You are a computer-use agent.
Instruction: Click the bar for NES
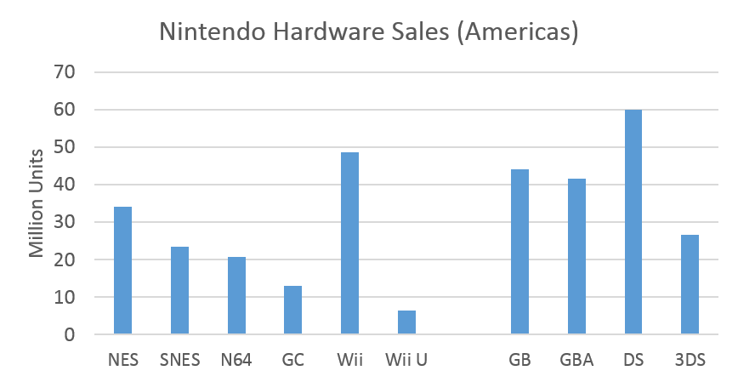point(122,271)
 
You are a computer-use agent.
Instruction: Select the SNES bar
point(179,291)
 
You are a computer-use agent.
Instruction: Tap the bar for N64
point(236,296)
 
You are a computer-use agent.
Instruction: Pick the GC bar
point(292,311)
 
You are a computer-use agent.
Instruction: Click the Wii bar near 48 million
point(349,243)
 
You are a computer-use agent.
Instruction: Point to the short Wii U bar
point(406,323)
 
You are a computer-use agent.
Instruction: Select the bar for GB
point(519,252)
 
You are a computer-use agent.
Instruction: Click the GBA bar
point(576,257)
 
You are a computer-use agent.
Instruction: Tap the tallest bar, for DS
point(633,222)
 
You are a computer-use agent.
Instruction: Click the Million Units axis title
point(37,203)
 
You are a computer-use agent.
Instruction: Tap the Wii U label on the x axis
point(406,360)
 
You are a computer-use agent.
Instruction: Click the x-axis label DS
point(633,360)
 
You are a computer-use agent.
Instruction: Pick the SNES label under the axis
point(179,360)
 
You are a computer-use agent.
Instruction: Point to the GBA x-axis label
point(576,360)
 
